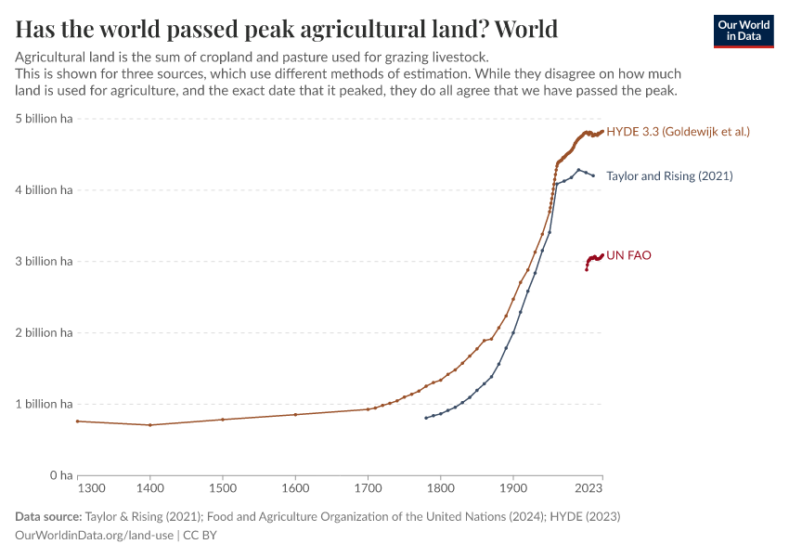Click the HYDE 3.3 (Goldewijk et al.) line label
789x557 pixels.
click(678, 132)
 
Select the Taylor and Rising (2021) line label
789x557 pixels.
click(669, 175)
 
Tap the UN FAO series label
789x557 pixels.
click(628, 255)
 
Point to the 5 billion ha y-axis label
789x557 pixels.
click(44, 119)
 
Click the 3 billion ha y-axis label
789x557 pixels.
click(44, 262)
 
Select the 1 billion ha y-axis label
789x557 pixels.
click(44, 404)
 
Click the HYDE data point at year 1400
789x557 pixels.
click(150, 425)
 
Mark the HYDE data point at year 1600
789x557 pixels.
click(295, 414)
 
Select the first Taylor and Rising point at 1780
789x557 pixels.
click(426, 418)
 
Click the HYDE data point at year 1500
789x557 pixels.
click(223, 420)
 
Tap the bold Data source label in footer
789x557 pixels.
click(47, 516)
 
